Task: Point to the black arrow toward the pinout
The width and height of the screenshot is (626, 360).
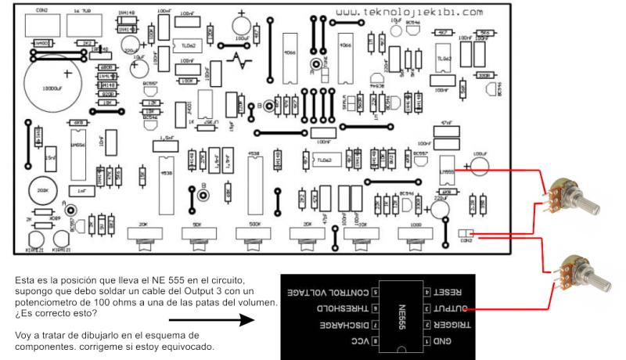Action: tap(212, 319)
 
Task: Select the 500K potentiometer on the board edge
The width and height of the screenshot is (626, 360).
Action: tap(252, 232)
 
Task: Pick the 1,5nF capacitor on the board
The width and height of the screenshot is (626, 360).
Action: tap(165, 142)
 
